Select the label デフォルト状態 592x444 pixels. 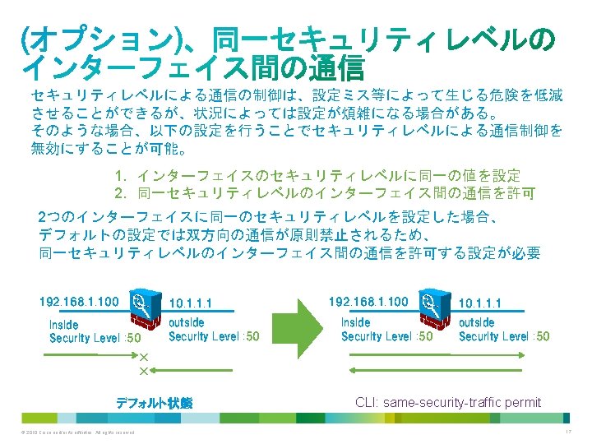[x=154, y=403]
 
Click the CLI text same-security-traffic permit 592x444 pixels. [x=448, y=402]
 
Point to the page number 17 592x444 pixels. [x=567, y=432]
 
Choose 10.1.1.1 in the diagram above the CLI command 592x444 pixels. [x=480, y=303]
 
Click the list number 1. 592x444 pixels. [x=120, y=176]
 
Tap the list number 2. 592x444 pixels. [x=120, y=193]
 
